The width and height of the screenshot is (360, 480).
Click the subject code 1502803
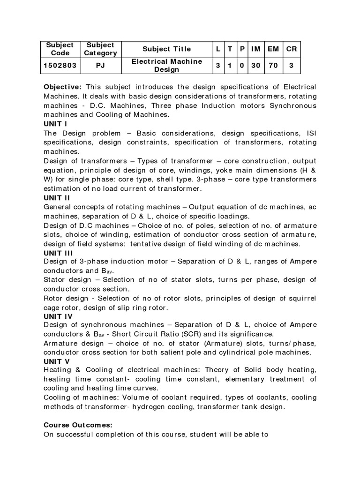click(x=60, y=66)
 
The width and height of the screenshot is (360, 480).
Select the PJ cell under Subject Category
click(x=100, y=66)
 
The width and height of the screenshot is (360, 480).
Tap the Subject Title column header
click(x=167, y=49)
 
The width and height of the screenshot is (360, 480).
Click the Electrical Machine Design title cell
click(x=167, y=66)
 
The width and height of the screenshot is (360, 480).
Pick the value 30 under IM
click(x=255, y=66)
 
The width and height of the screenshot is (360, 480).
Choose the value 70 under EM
click(x=273, y=66)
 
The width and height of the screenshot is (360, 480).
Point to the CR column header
click(x=291, y=49)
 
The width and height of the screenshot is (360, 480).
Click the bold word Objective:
click(x=63, y=88)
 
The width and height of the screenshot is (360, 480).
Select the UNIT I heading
click(x=55, y=124)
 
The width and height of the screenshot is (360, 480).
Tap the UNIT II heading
click(x=57, y=198)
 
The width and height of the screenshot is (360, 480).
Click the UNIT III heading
click(x=58, y=253)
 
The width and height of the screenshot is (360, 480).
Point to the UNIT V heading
click(x=56, y=361)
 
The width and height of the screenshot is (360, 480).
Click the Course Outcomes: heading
click(x=78, y=425)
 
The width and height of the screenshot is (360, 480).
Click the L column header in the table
click(x=218, y=49)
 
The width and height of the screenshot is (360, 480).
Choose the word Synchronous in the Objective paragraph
click(x=293, y=105)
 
